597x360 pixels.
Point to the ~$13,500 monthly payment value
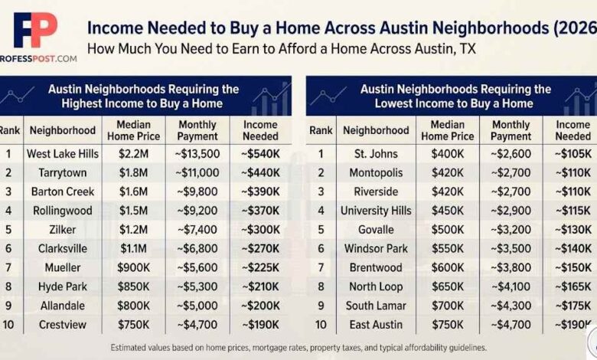197,153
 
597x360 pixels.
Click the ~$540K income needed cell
260,153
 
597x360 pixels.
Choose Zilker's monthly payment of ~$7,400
197,230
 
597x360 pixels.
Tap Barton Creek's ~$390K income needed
260,191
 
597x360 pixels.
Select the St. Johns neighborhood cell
376,153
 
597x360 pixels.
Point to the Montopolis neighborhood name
376,172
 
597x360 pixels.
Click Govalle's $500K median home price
448,230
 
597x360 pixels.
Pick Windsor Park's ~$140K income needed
573,249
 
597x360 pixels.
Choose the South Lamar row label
376,306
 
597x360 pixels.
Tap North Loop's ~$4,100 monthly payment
511,286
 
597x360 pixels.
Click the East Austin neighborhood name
376,324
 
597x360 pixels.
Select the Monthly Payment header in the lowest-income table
511,130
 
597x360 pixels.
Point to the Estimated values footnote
298,347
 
